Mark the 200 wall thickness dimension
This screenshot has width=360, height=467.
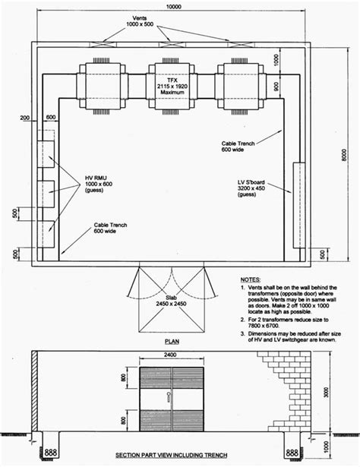click(26, 118)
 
